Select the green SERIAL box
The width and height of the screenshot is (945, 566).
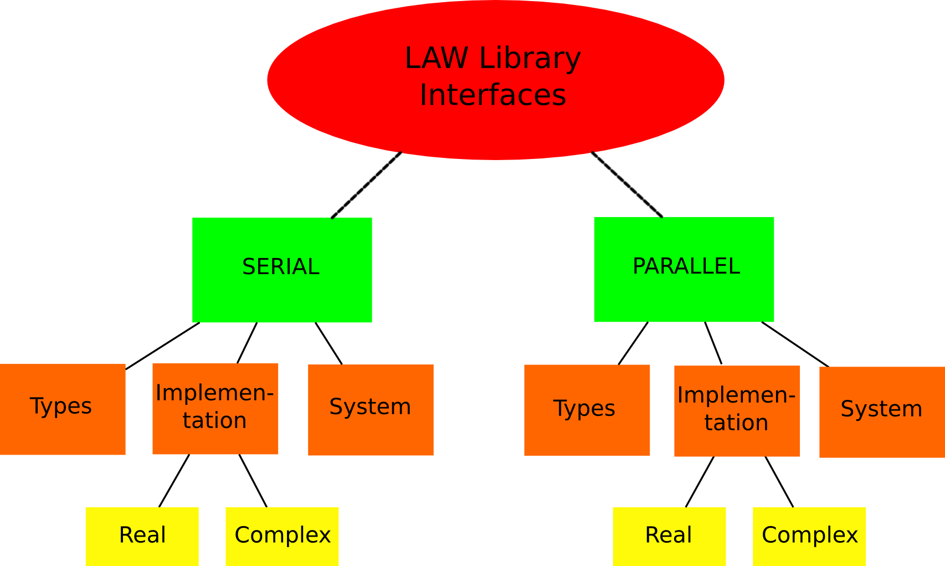[x=282, y=270]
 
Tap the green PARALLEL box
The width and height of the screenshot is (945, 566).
[x=684, y=269]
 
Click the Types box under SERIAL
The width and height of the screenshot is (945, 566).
[x=63, y=409]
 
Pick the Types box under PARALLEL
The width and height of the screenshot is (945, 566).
[x=587, y=410]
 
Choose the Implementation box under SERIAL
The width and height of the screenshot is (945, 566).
[x=215, y=409]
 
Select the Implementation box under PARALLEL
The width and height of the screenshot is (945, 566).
[x=737, y=411]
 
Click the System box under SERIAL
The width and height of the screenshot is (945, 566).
[x=371, y=410]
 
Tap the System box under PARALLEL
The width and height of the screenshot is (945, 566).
[x=882, y=412]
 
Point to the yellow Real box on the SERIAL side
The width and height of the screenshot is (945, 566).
[x=142, y=536]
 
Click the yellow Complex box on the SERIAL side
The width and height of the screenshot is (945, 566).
[x=282, y=536]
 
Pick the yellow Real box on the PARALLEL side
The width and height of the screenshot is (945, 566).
[x=669, y=536]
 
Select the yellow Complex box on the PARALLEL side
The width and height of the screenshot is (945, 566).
[x=809, y=536]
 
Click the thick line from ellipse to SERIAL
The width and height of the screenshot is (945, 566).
[x=366, y=185]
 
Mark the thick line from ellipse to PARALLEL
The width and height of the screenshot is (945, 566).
[x=626, y=184]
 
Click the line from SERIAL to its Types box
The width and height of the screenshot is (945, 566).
[x=163, y=346]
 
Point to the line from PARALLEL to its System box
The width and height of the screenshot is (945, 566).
[x=795, y=344]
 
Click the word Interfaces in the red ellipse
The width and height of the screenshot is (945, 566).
[x=492, y=95]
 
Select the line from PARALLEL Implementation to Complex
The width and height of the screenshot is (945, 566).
[x=779, y=482]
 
